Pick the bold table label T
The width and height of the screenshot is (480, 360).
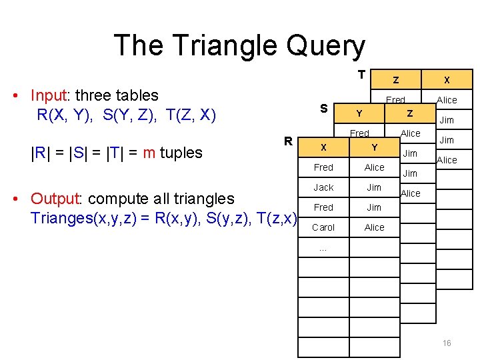(x=361, y=74)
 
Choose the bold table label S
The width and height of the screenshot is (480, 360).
(x=323, y=108)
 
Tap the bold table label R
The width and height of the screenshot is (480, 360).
(x=288, y=141)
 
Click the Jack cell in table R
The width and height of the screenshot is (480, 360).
(x=323, y=187)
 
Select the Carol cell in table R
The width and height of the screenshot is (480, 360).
(x=323, y=227)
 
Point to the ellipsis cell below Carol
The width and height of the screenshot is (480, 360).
(x=323, y=248)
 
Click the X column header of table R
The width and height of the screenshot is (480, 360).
(x=323, y=147)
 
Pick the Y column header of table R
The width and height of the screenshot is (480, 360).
(x=375, y=147)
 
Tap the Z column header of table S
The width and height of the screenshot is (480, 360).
(x=410, y=113)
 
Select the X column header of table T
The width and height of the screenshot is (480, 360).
(x=447, y=80)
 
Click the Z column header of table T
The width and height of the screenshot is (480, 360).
(x=396, y=80)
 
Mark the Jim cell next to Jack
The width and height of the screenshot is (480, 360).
(x=375, y=187)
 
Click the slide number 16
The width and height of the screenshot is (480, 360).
(x=447, y=343)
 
